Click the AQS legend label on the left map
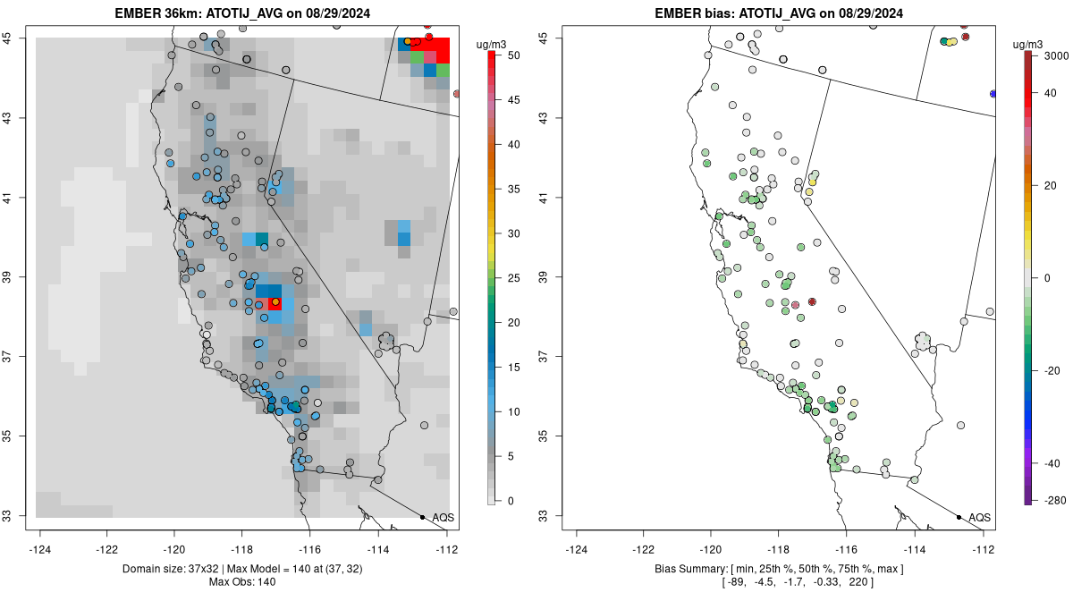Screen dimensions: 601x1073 click(443, 518)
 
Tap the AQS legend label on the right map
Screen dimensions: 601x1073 click(979, 518)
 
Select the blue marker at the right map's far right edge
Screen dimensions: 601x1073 click(993, 93)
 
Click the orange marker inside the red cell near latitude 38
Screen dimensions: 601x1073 click(275, 302)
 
